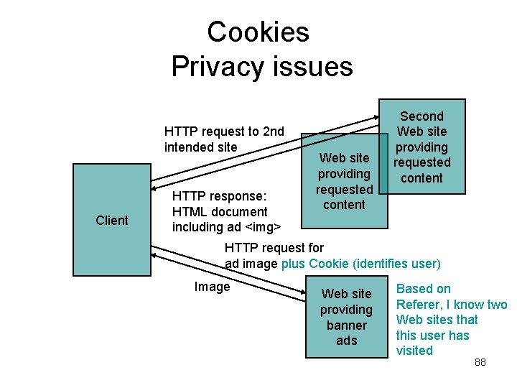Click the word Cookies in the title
[258, 32]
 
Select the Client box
[112, 220]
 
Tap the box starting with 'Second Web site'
[421, 147]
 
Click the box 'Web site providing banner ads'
[346, 317]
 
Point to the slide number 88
[480, 362]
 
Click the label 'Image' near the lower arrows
[212, 287]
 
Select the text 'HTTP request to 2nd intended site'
[224, 139]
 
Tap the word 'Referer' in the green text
[420, 304]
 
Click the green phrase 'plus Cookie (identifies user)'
[360, 264]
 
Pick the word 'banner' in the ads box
[346, 325]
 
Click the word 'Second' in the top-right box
[421, 116]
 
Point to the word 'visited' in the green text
[414, 351]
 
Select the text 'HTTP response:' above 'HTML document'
[219, 196]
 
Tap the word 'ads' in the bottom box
[346, 341]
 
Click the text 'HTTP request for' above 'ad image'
[274, 248]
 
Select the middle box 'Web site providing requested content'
[344, 181]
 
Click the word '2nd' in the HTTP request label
[274, 131]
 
